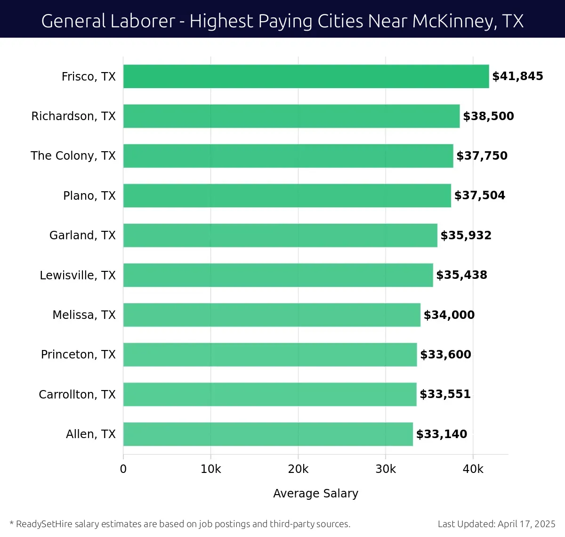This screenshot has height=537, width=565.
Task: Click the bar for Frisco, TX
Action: point(306,76)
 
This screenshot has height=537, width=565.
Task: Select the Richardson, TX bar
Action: point(291,116)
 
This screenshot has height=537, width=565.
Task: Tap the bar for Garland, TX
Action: point(280,235)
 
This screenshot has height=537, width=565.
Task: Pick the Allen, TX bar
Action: point(268,434)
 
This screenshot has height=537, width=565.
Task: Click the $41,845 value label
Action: point(517,76)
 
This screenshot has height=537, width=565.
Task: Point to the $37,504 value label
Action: point(479,195)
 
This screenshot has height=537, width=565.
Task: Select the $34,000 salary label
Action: point(449,315)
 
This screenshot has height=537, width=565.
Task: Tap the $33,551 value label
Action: point(445,394)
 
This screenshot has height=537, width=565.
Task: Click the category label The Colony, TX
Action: point(73,156)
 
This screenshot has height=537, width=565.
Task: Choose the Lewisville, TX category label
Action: point(78,275)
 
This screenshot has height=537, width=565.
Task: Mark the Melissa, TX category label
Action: point(84,315)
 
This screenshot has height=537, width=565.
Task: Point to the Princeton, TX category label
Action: point(78,354)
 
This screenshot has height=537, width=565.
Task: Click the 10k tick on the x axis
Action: point(210,469)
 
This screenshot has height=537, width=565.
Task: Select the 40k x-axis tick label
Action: point(473,469)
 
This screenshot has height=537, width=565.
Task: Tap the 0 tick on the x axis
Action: point(123,469)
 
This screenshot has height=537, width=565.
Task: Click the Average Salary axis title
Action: point(315,493)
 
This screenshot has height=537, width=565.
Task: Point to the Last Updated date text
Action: point(496,524)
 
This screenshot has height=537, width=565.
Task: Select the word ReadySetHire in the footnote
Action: point(44,524)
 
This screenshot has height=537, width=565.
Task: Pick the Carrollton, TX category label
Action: point(77,394)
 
